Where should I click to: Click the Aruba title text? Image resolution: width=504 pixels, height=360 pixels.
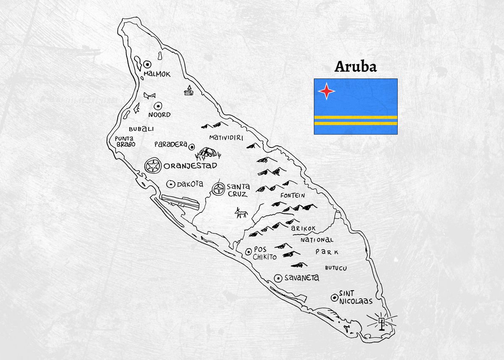click(355, 67)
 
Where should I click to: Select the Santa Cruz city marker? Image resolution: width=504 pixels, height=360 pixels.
click(219, 189)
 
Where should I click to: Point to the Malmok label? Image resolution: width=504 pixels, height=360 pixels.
click(157, 74)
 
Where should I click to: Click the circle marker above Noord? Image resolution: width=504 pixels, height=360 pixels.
click(158, 106)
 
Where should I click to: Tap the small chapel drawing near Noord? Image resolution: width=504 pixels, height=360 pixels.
click(189, 90)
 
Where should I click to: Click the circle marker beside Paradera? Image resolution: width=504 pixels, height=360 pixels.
click(192, 147)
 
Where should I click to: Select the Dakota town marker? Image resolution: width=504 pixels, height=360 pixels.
click(171, 184)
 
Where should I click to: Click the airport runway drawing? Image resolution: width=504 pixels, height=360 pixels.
click(180, 202)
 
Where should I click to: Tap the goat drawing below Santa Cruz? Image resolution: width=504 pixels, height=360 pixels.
click(241, 213)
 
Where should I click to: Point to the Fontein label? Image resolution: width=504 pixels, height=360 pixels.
click(293, 195)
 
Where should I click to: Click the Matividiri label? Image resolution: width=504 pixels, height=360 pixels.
click(226, 137)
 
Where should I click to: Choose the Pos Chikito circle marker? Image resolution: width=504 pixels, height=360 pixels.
click(248, 252)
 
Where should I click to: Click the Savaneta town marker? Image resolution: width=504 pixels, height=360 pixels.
click(278, 278)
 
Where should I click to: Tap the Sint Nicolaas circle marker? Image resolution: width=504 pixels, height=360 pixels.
click(334, 297)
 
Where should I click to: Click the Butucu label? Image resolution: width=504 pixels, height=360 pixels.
click(336, 268)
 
